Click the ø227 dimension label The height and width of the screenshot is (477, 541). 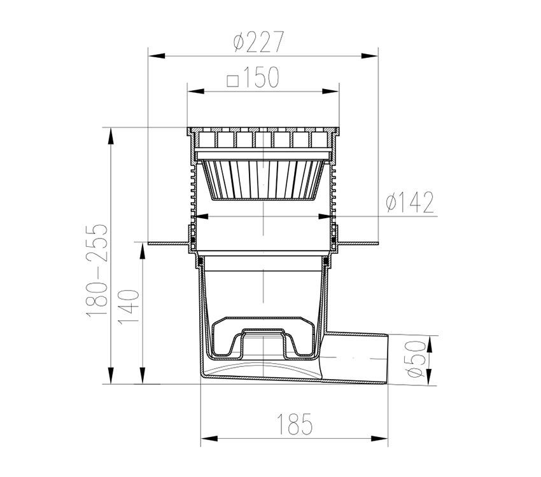click(258, 41)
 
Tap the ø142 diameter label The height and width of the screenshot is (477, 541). click(410, 203)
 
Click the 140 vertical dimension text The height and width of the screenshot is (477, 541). click(129, 307)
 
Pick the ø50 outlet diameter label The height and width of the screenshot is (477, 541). click(415, 359)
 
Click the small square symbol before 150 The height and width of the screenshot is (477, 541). click(233, 81)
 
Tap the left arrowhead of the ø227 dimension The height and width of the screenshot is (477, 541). click(156, 56)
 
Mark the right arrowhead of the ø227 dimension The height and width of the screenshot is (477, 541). click(370, 56)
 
